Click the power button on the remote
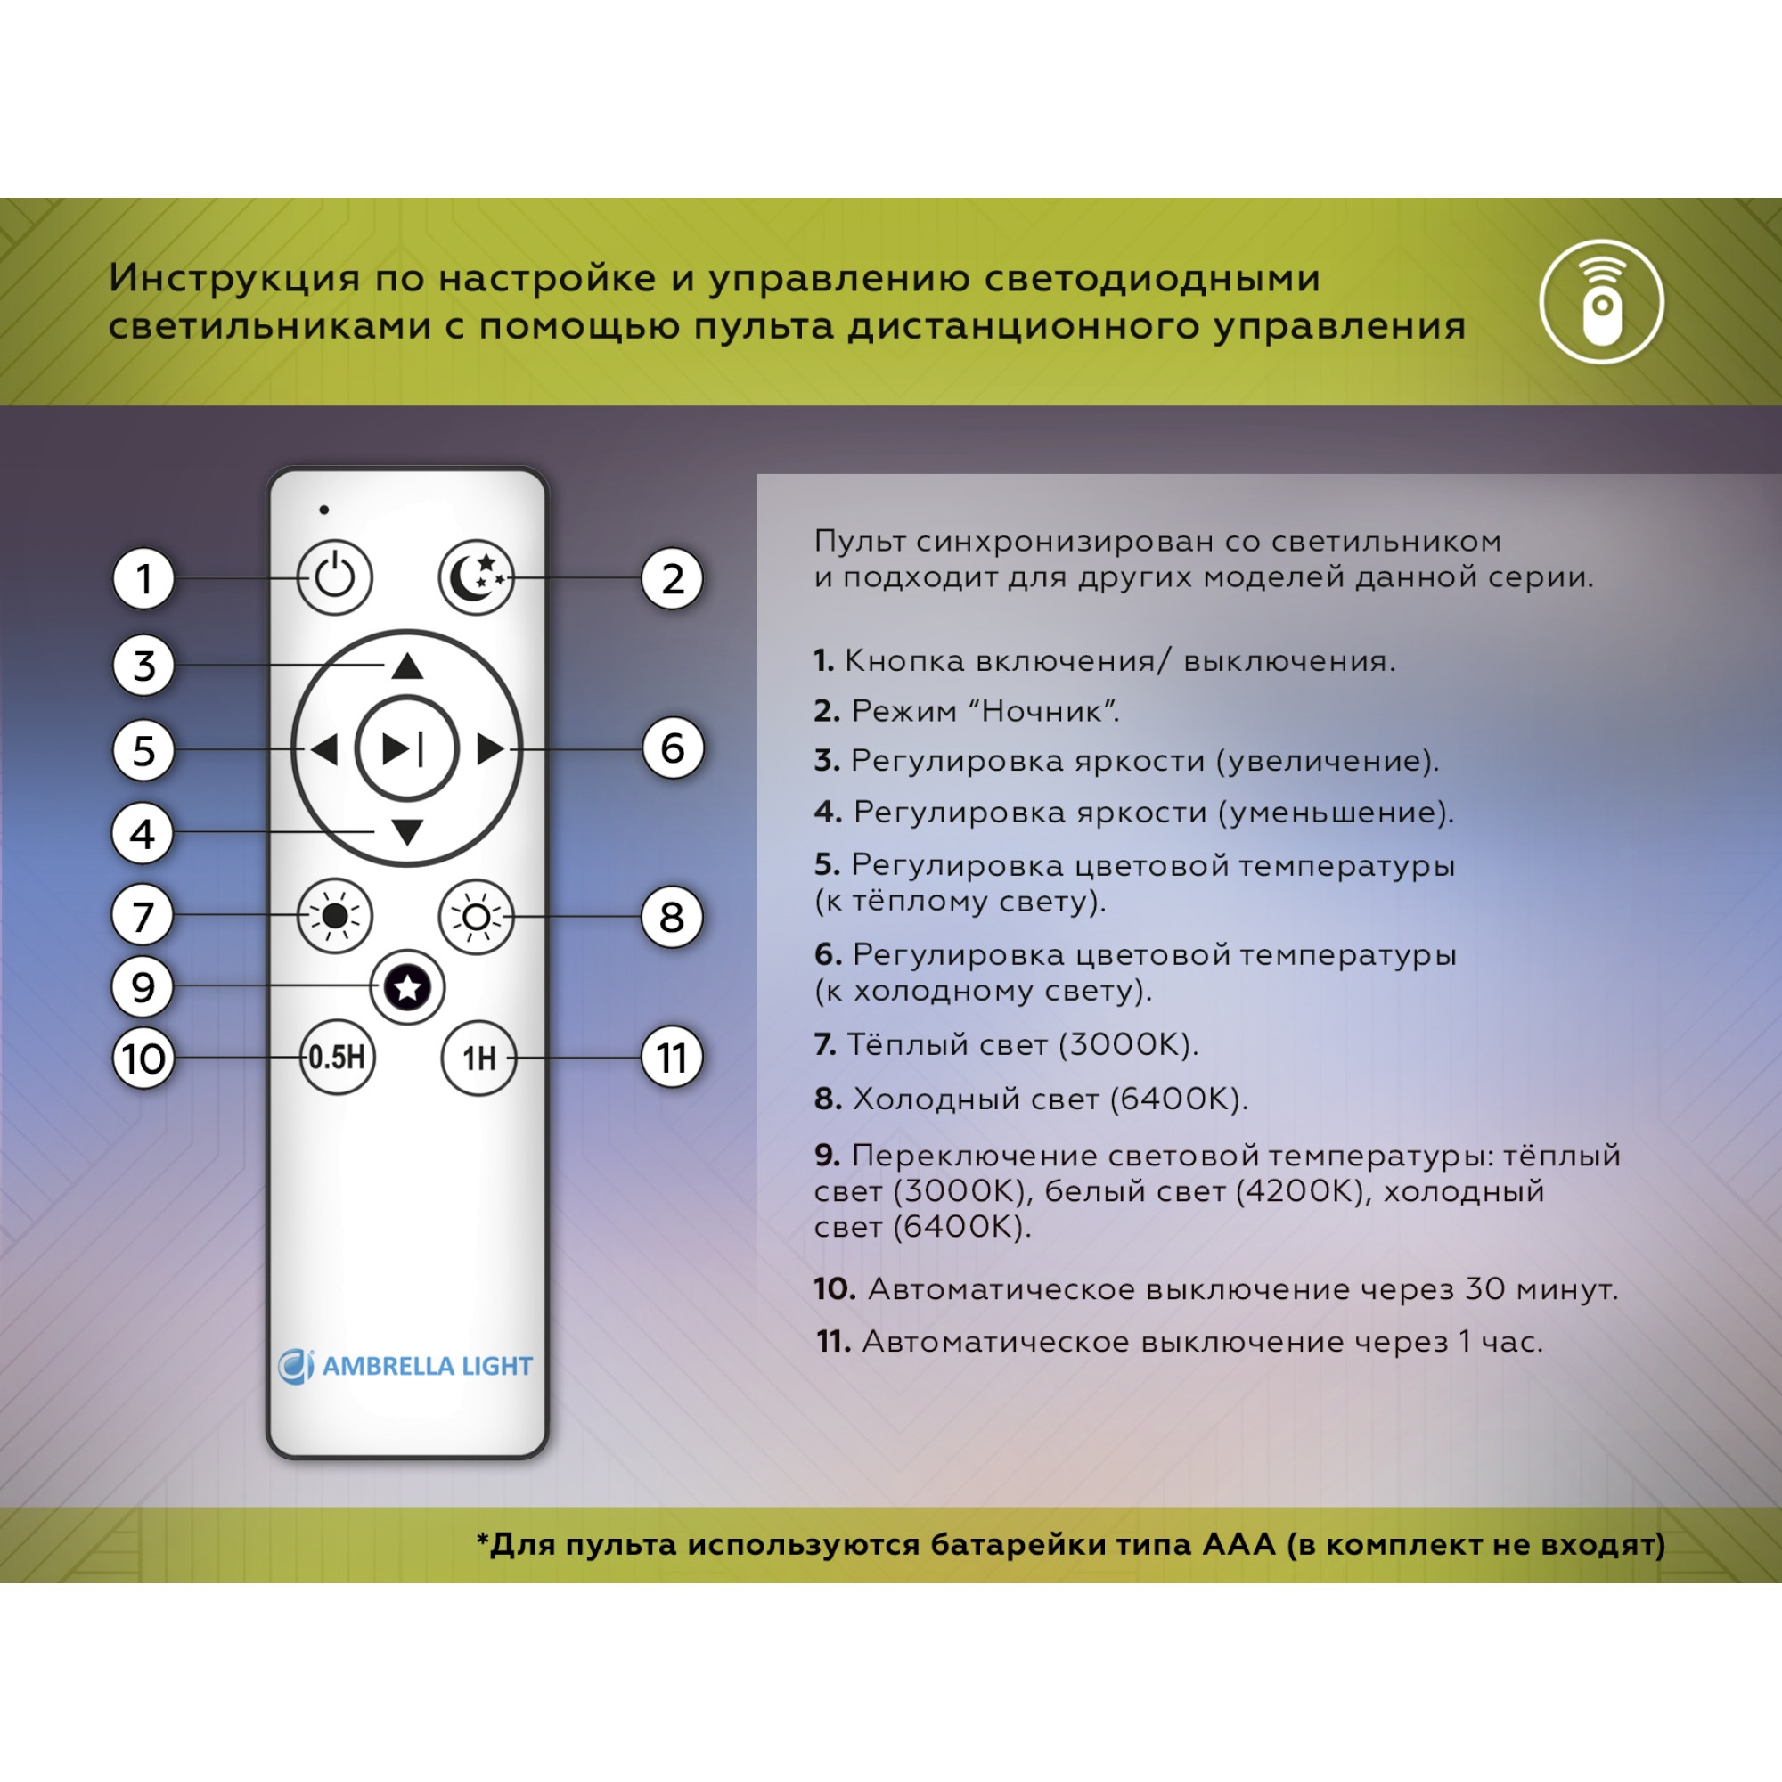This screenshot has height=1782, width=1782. click(x=335, y=578)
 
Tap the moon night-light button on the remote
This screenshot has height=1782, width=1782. click(x=476, y=578)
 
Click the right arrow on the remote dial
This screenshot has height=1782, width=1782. click(x=490, y=749)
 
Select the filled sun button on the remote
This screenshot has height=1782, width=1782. click(x=335, y=916)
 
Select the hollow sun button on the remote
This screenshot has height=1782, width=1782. click(x=476, y=917)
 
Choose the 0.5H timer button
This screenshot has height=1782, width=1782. click(x=338, y=1057)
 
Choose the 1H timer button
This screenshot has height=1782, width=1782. click(x=478, y=1058)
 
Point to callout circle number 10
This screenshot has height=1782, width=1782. click(x=143, y=1059)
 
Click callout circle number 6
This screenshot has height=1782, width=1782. click(x=673, y=748)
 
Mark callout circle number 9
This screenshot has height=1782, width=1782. click(x=143, y=988)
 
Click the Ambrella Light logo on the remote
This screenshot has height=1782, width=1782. click(x=405, y=1366)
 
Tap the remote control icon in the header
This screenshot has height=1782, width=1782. click(x=1601, y=302)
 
